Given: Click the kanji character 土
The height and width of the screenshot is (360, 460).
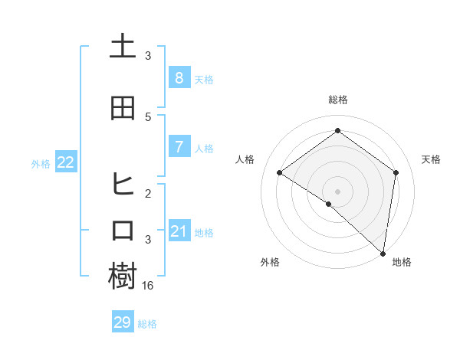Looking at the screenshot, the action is pos(123,47).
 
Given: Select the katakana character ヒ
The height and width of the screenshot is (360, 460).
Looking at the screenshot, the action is pos(123,185).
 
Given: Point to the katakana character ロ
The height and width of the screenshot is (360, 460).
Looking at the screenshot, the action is pos(123,231).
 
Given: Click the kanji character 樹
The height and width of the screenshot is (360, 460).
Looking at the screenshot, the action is pos(123,277).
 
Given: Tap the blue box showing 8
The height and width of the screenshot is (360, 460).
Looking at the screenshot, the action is pos(179,78).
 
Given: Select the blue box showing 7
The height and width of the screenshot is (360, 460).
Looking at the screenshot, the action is pos(179,147).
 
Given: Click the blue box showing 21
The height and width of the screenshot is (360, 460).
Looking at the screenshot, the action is pos(179,231).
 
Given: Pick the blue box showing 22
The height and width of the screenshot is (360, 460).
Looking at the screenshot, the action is pos(65,162).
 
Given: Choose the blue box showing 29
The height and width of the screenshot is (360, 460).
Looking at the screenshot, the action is pos(123,322).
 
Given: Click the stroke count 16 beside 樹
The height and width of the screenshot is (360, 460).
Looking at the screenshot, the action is pos(148,286).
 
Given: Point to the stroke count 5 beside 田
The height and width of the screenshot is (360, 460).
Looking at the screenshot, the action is pos(148,116).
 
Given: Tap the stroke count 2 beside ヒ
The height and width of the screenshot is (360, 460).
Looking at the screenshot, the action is pos(148,193).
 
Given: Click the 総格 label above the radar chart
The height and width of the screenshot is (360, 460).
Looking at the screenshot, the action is pos(337,100).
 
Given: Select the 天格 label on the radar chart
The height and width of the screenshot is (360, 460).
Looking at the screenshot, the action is pos(431,159).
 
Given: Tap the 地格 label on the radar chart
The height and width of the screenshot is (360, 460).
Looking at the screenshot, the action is pos(402,262).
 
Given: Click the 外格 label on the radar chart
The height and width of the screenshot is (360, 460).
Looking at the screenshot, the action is pos(270,262).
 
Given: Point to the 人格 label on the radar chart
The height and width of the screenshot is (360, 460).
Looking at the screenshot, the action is pos(245,159).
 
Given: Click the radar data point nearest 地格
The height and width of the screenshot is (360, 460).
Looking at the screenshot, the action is pos(383,253).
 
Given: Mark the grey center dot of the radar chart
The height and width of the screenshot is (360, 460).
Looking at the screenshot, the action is pos(337,191).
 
